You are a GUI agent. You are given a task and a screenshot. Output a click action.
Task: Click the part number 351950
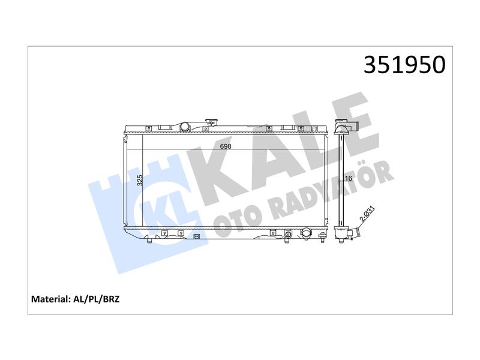pos(404,65)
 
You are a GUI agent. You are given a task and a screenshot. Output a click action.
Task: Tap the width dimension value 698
pos(226,146)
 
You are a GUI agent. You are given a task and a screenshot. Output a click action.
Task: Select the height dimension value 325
pos(140,181)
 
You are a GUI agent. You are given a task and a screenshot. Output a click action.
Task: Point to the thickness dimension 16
pos(349,178)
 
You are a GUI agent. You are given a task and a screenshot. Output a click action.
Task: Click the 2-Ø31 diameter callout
pos(367,214)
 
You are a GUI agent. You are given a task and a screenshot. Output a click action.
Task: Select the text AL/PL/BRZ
pos(97,299)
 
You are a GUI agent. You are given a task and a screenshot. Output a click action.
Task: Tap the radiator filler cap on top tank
pos(211,123)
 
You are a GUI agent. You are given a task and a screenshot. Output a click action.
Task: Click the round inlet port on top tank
pos(185,127)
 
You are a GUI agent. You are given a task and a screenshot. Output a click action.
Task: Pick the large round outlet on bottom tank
pos(307,233)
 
